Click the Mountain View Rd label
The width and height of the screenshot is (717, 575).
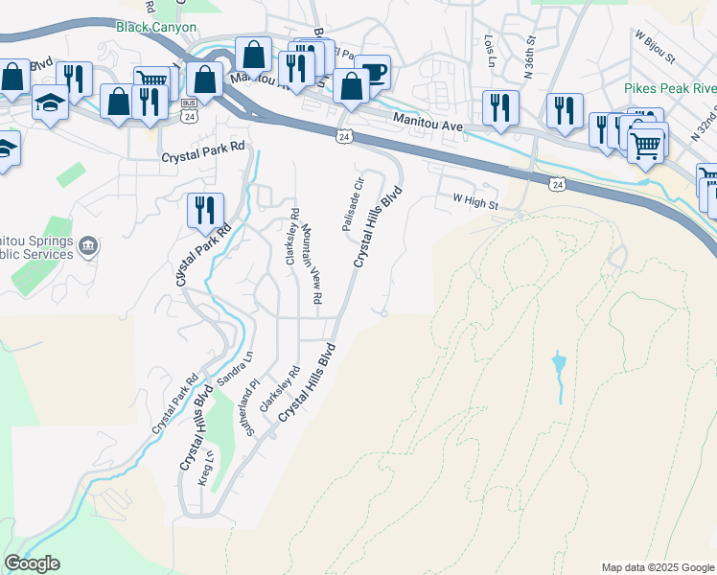tap(311, 264)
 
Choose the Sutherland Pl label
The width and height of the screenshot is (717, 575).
tap(254, 409)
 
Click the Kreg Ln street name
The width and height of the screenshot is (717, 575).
tap(204, 467)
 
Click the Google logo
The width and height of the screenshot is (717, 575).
tap(32, 563)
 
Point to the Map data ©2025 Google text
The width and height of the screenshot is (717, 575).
tap(657, 567)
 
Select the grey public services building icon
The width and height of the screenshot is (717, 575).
tap(87, 246)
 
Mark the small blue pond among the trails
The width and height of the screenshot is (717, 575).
tap(559, 365)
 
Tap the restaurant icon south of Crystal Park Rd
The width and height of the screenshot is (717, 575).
tap(205, 210)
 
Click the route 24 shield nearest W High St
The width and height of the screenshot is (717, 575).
tap(558, 182)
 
